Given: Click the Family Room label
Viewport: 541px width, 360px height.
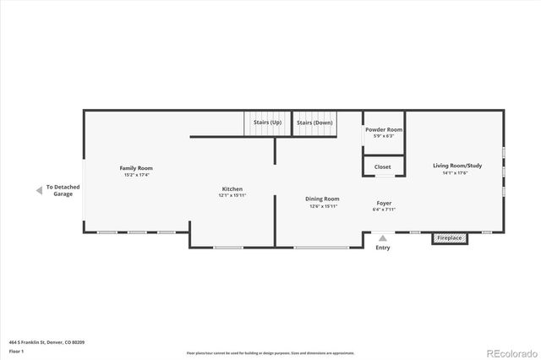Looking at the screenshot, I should click(136, 168).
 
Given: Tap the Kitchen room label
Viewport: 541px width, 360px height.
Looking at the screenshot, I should click(232, 188).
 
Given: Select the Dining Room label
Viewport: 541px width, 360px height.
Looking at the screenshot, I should click(322, 199).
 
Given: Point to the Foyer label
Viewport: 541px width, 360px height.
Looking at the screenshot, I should click(383, 203).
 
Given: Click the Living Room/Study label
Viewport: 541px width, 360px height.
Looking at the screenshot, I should click(456, 166).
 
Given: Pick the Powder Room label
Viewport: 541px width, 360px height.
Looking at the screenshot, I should click(380, 129).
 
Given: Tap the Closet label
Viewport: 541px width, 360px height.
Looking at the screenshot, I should click(383, 167).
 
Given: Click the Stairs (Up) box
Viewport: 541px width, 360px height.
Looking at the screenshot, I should click(267, 123).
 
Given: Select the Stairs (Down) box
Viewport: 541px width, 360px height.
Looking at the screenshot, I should click(314, 123).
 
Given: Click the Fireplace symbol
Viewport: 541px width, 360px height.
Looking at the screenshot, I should click(449, 238).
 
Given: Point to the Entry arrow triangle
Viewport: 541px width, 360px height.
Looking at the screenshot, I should click(383, 238).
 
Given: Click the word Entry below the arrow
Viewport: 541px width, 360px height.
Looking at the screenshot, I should click(383, 248).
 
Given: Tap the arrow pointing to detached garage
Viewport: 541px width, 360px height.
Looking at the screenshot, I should click(38, 190).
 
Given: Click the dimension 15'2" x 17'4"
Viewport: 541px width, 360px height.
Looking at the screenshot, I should click(136, 175).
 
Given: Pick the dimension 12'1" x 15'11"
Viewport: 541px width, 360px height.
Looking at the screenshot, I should click(232, 195).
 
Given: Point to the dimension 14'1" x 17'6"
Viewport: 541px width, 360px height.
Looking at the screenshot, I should click(456, 172).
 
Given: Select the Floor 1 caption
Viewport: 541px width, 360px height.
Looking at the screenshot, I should click(16, 351).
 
